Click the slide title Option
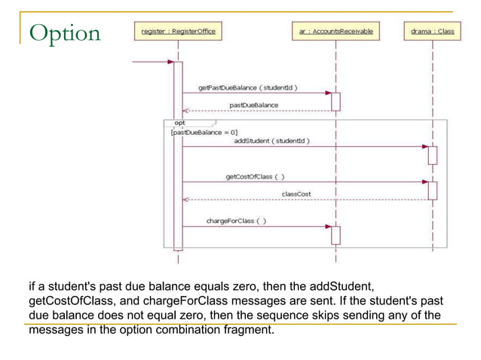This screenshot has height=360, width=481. point(64,33)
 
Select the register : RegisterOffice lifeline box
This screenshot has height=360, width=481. point(178,32)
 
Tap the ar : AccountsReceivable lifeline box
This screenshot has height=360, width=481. point(335,32)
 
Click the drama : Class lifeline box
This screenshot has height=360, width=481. point(432,32)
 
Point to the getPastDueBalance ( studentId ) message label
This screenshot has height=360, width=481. point(247,87)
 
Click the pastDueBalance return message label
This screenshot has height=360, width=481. point(253,105)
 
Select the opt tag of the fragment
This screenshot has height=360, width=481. point(179,122)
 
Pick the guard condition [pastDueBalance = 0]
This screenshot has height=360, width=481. point(204,132)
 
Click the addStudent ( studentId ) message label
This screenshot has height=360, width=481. point(271,140)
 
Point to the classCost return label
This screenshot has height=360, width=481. point(296,194)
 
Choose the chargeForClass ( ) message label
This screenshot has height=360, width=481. point(235,221)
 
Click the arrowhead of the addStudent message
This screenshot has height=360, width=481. point(424,146)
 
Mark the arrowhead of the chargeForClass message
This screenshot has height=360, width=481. point(328,226)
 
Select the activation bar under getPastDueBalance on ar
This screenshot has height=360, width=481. point(335,102)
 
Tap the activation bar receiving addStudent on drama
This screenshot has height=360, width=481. point(432,155)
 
